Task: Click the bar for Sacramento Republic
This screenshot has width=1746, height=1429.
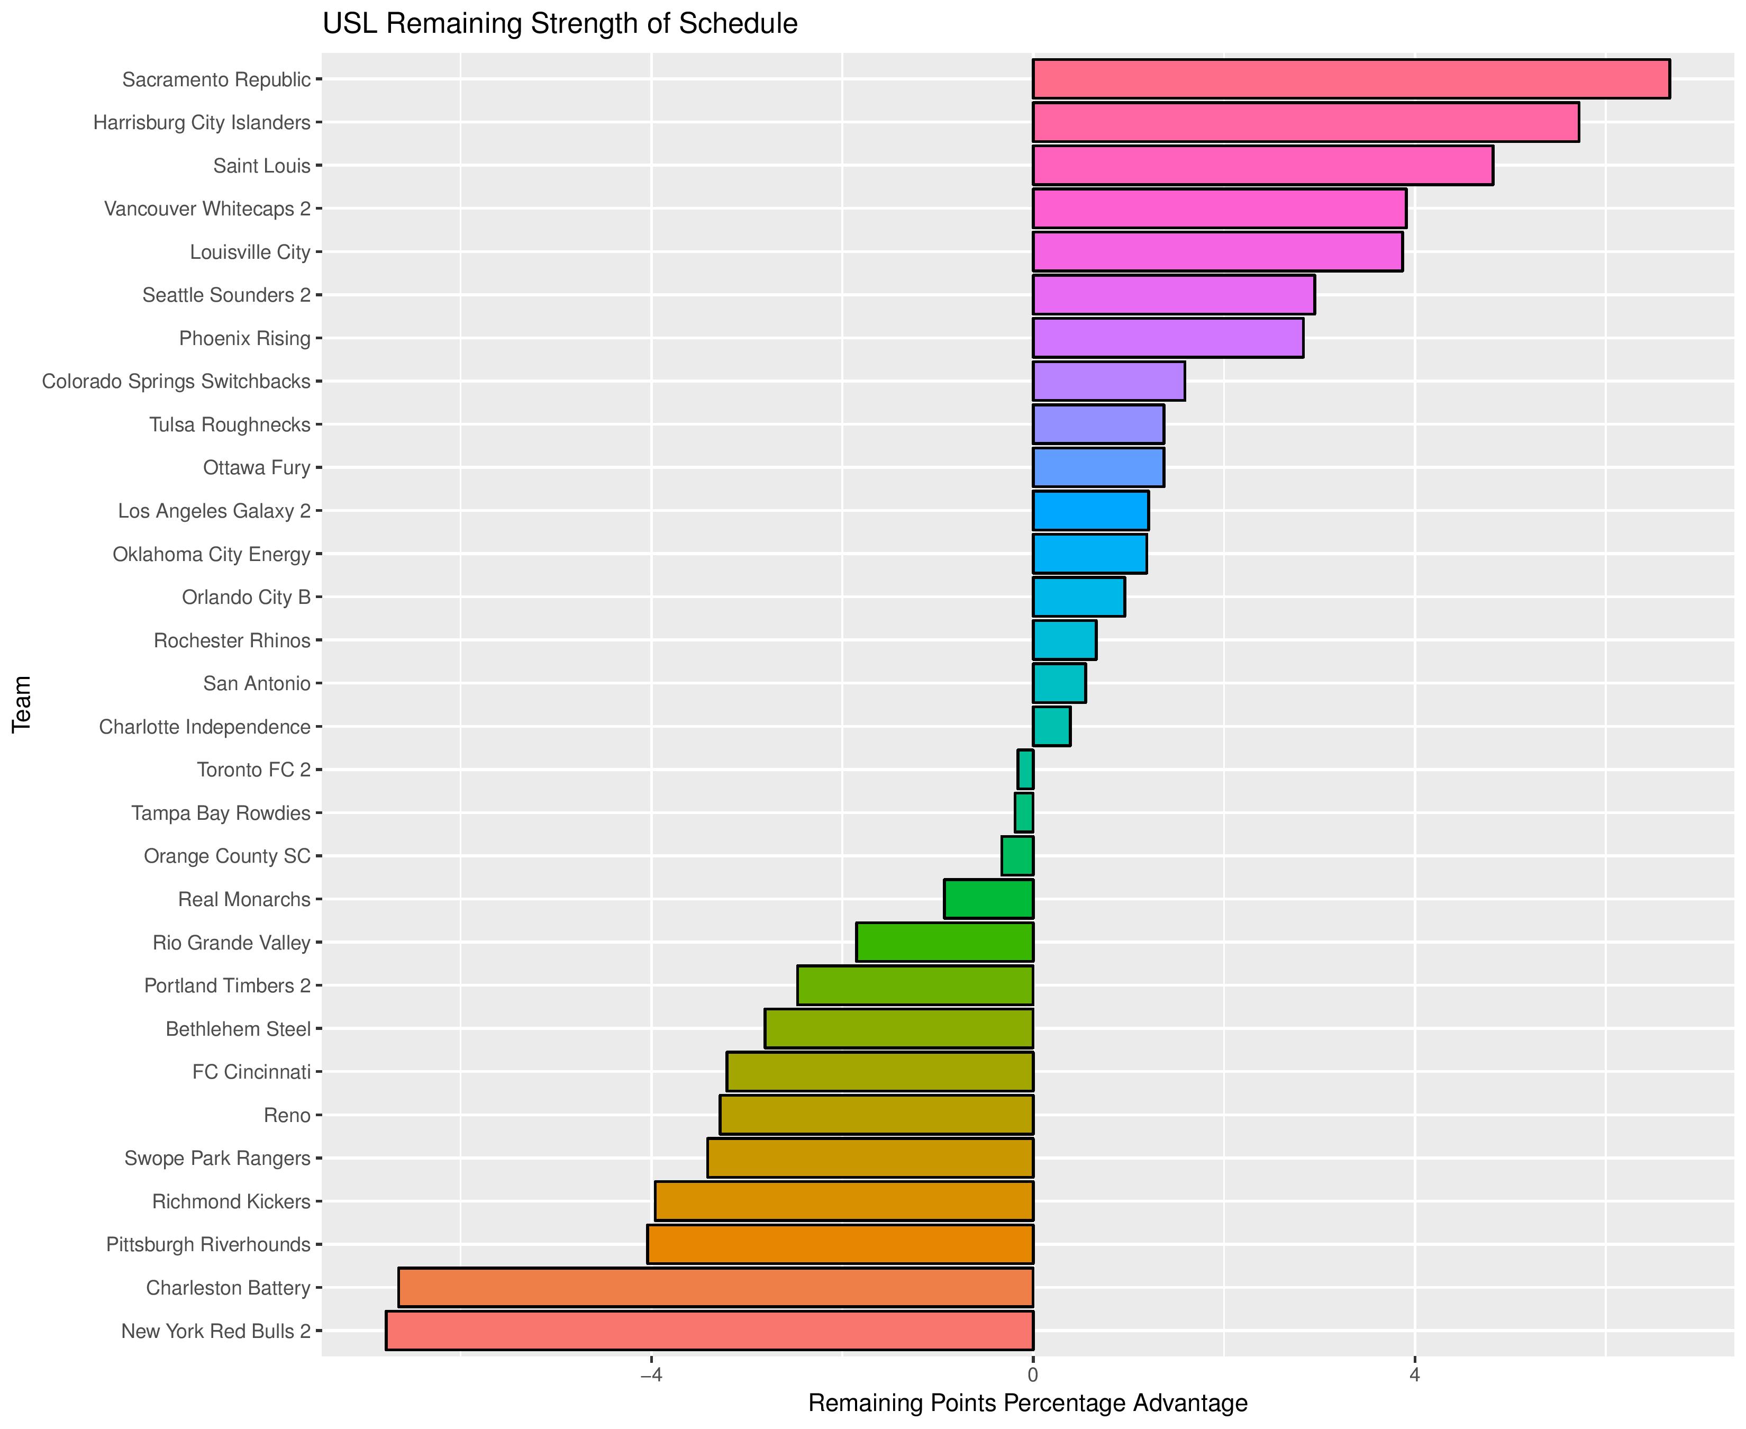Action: coord(1350,79)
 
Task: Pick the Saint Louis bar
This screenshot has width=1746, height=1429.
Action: coord(1262,166)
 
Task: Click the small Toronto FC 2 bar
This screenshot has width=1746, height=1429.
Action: coord(1025,770)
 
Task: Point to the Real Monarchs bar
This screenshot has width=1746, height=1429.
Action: coord(988,899)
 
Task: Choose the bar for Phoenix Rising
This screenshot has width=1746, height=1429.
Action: coord(1168,338)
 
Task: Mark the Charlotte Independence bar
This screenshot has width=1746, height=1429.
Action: coord(1051,727)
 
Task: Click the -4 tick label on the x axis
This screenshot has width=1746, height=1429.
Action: coord(651,1376)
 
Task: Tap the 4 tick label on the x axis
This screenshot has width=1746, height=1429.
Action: coord(1414,1376)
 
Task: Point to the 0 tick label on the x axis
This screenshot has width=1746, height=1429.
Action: coord(1033,1376)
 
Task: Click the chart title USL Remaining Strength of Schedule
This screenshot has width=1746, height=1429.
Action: coord(559,24)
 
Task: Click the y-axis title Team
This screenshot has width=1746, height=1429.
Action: coord(22,704)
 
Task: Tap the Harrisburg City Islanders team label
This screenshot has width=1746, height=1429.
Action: coord(202,123)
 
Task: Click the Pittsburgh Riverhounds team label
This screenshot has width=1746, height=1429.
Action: coord(208,1245)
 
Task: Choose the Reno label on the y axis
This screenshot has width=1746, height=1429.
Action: coord(287,1115)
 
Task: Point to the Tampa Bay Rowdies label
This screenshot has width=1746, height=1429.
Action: coord(221,813)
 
